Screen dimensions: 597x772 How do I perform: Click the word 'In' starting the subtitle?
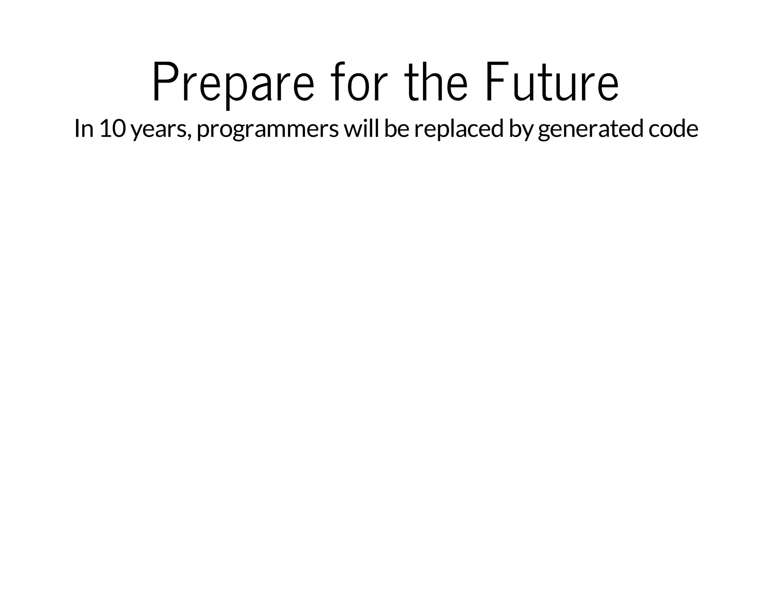[x=84, y=129]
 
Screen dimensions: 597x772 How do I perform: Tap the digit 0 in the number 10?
[x=119, y=129]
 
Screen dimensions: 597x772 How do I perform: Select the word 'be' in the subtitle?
[x=397, y=128]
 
